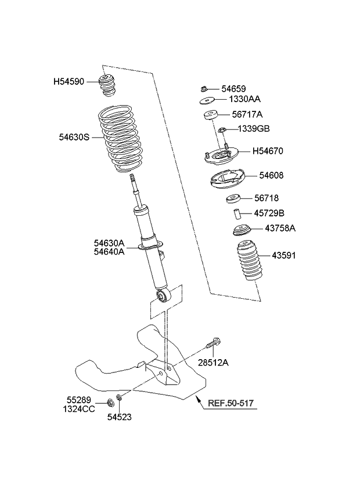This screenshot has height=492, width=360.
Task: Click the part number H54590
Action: (x=72, y=82)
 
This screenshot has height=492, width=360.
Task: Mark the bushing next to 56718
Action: (x=233, y=201)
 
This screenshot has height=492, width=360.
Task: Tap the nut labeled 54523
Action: (x=118, y=397)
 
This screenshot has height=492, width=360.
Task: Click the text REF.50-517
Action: (x=231, y=403)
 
